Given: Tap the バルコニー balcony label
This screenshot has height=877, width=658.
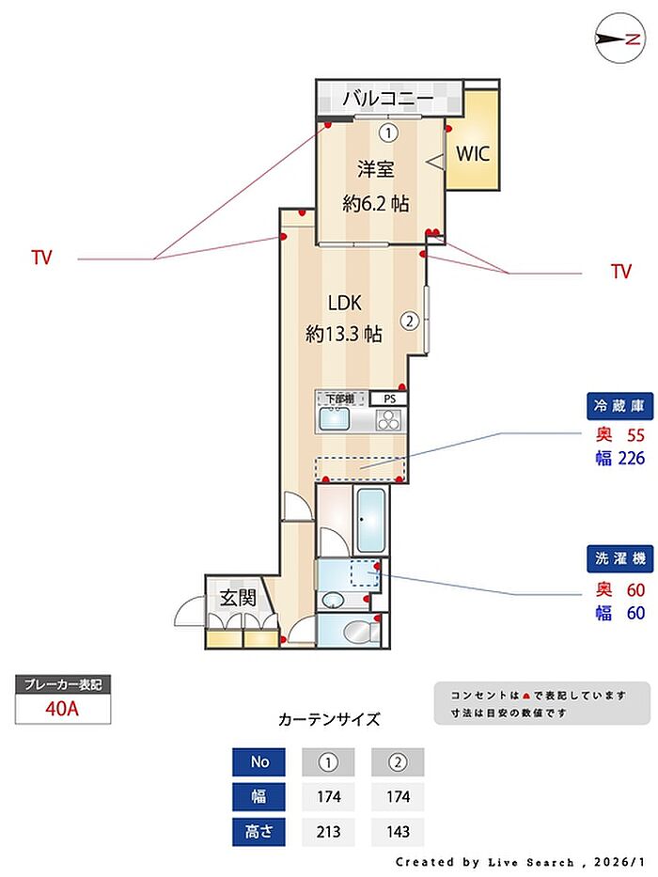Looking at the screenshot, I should [386, 98].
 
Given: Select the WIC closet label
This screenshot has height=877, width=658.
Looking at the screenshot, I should [473, 153].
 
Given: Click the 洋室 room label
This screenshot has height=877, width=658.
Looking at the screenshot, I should [375, 169].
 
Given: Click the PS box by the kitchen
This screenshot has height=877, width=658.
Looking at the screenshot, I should [389, 398].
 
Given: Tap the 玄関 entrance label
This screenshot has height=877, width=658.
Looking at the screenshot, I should [239, 596].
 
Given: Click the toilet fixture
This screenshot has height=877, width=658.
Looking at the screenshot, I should [358, 630].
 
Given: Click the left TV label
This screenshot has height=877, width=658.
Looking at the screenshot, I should [41, 258].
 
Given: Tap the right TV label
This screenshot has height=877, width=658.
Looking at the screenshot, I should [620, 273].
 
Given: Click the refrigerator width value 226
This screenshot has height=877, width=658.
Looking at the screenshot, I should [629, 459].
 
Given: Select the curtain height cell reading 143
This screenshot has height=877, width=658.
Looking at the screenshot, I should [398, 832].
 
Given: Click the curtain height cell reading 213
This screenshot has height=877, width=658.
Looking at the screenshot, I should [328, 832].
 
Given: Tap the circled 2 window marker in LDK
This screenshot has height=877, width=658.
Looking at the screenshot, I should [409, 321].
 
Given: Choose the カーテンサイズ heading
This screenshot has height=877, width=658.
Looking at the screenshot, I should [329, 720].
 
